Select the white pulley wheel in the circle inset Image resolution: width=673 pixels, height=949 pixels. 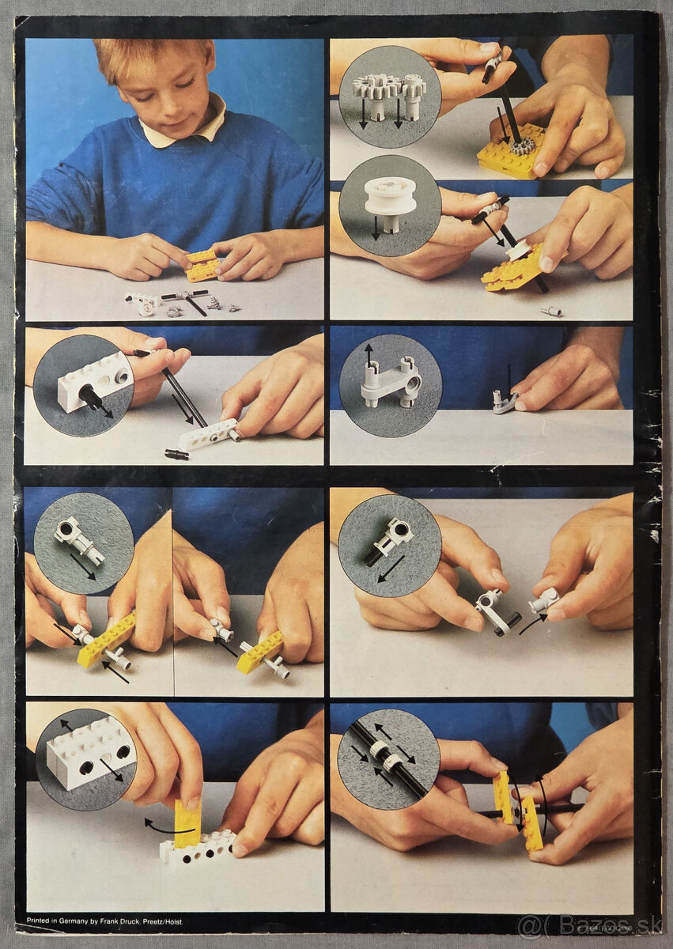click(390, 197)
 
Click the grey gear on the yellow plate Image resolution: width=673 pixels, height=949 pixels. click(521, 146)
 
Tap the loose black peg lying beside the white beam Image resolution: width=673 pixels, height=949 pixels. click(176, 454)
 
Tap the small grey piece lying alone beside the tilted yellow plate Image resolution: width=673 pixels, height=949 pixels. click(552, 311)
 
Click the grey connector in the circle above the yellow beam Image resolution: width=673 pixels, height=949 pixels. click(80, 540)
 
